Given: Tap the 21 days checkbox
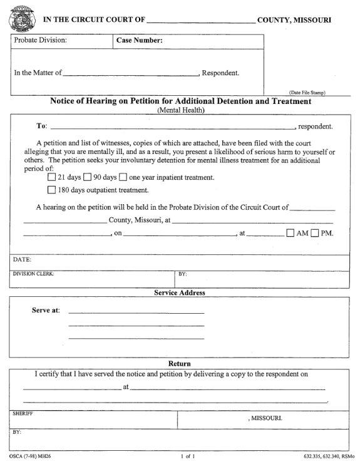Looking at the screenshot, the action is (52, 177).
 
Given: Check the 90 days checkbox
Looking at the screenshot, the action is (88, 177).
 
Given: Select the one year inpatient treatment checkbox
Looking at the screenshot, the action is (123, 177).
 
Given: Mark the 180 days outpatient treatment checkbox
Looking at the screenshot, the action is (52, 190).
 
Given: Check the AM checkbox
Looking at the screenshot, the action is (290, 234).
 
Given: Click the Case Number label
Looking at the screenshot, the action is (140, 41).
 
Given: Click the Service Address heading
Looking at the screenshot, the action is (180, 292).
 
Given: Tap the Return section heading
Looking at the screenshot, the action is (180, 364).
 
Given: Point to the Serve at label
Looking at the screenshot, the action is (45, 311).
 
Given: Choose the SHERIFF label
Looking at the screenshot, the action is (23, 414).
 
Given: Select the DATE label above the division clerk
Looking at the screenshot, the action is (22, 259).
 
